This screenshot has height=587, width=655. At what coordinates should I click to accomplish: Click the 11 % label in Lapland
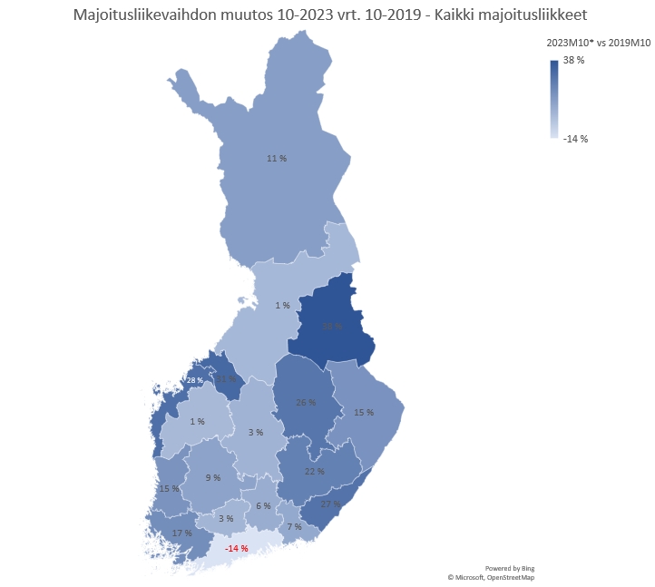pos(277,159)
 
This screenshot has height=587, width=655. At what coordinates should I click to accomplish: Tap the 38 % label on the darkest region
pos(332,327)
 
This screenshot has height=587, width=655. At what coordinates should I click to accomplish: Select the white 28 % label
pos(195,380)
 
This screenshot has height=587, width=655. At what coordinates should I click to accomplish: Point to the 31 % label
pos(226,379)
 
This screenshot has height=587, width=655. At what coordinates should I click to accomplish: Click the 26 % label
pos(306,402)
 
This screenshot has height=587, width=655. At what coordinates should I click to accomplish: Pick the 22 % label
pos(314,472)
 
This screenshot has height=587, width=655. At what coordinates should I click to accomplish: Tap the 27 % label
pos(330,504)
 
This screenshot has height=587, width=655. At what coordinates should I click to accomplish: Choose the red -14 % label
pos(237,549)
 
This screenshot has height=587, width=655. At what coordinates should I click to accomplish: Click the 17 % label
pos(181,533)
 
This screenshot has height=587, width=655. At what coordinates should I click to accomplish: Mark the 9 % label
pos(213,477)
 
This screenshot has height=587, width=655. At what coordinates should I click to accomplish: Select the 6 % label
pos(263,505)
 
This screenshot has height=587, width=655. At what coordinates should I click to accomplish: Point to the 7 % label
pos(294,527)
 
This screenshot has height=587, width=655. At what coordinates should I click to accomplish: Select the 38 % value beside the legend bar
pos(573,60)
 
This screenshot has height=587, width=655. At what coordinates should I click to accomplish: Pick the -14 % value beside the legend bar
pos(575,139)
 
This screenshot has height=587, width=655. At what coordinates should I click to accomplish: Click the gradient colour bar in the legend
pos(553,99)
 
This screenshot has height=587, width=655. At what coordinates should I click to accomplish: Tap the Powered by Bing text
pos(510,568)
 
